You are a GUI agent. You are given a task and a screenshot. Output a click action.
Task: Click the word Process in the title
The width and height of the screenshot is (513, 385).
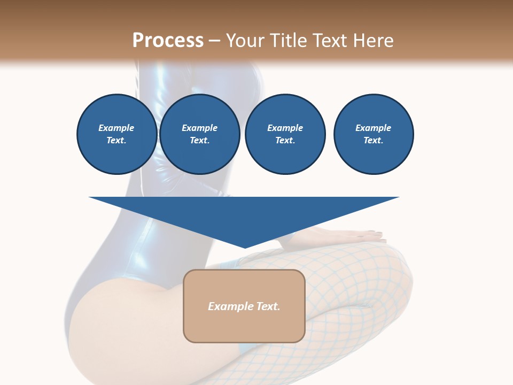(168, 41)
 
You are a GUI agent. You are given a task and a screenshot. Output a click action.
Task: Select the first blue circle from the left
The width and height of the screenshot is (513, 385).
(116, 134)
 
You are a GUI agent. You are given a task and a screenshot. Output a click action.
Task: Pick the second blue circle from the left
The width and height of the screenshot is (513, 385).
(199, 134)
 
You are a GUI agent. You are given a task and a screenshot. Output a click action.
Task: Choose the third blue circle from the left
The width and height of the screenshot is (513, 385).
(285, 134)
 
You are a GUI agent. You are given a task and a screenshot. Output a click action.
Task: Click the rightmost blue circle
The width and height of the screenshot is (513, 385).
(374, 134)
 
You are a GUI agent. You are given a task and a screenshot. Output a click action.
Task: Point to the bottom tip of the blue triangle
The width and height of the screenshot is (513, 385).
(245, 247)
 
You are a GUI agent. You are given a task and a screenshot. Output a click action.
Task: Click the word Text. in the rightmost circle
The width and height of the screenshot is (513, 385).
(374, 141)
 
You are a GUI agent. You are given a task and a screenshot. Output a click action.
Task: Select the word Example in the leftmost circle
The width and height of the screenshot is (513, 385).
(116, 128)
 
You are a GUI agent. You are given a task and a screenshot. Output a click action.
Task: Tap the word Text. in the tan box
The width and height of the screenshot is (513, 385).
(268, 306)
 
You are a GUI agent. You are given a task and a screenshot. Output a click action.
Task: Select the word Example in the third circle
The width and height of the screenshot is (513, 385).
(285, 128)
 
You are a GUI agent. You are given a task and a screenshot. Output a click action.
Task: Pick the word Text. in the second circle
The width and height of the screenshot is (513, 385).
(199, 141)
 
